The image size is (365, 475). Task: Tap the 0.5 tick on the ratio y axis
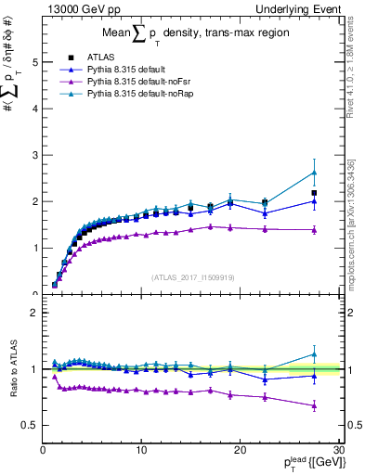31,425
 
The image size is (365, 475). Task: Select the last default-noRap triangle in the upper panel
314,172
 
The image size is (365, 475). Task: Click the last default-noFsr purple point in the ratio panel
314,405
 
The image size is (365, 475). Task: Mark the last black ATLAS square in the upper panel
314,193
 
